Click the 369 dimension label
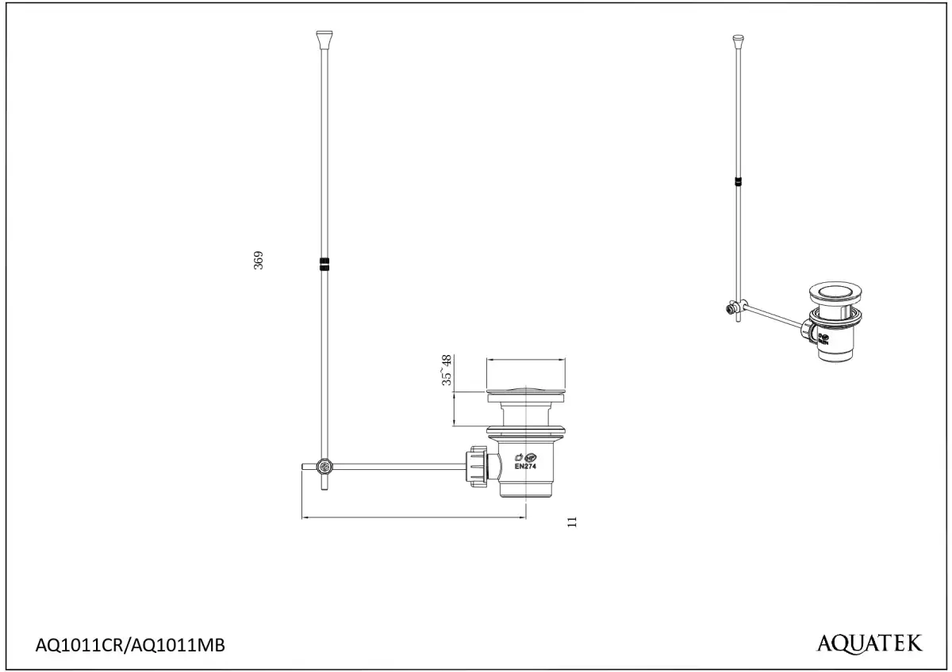[259, 260]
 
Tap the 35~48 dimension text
[446, 370]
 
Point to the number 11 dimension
[572, 521]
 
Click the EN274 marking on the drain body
[525, 466]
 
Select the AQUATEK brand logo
[869, 643]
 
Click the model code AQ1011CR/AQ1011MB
[130, 645]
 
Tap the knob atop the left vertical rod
[324, 40]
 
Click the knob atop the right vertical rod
[739, 40]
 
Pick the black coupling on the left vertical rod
[324, 264]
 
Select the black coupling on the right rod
[739, 181]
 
